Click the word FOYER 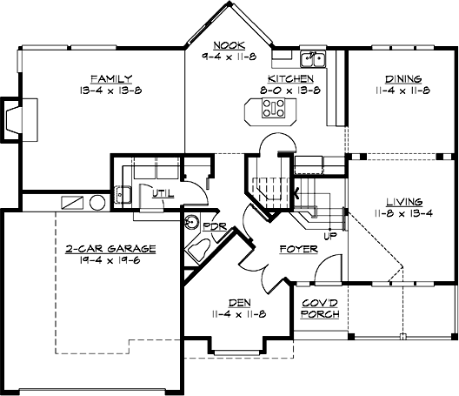click(x=297, y=249)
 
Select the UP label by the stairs click(x=329, y=235)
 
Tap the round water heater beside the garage click(x=96, y=203)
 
